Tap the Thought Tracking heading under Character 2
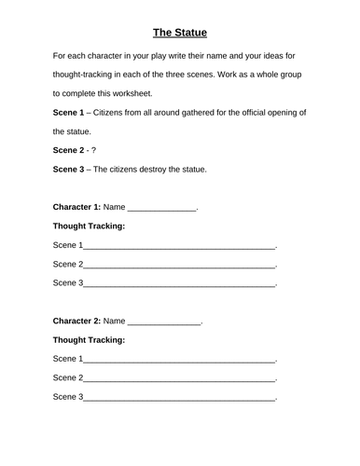(90, 340)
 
